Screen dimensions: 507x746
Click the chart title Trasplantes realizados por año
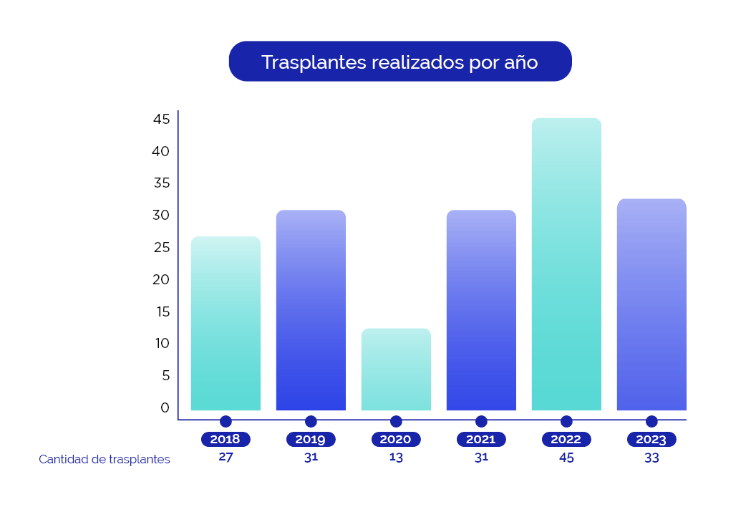tap(399, 62)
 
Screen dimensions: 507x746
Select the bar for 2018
tap(226, 323)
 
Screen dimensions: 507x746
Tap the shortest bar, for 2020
tap(396, 370)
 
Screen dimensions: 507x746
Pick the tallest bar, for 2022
tap(566, 264)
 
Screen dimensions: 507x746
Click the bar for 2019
tap(311, 310)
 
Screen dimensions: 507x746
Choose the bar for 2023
tap(651, 304)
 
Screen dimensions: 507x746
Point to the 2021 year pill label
tap(481, 440)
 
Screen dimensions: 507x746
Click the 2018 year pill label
tap(226, 440)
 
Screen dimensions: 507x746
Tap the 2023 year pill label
tap(651, 440)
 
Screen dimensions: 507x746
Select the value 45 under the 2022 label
tap(566, 458)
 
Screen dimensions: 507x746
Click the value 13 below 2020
tap(396, 458)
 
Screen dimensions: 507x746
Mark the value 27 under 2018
tap(226, 458)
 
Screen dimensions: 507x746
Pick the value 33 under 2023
tap(651, 458)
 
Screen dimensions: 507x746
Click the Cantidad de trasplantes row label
tap(105, 460)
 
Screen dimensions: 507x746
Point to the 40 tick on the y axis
tap(160, 151)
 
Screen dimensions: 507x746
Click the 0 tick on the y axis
tap(165, 407)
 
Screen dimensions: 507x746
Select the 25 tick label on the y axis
tap(160, 248)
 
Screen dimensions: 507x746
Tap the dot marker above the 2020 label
tap(396, 422)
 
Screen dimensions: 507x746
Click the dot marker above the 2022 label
tap(566, 422)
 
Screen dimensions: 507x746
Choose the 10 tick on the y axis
tap(161, 344)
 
